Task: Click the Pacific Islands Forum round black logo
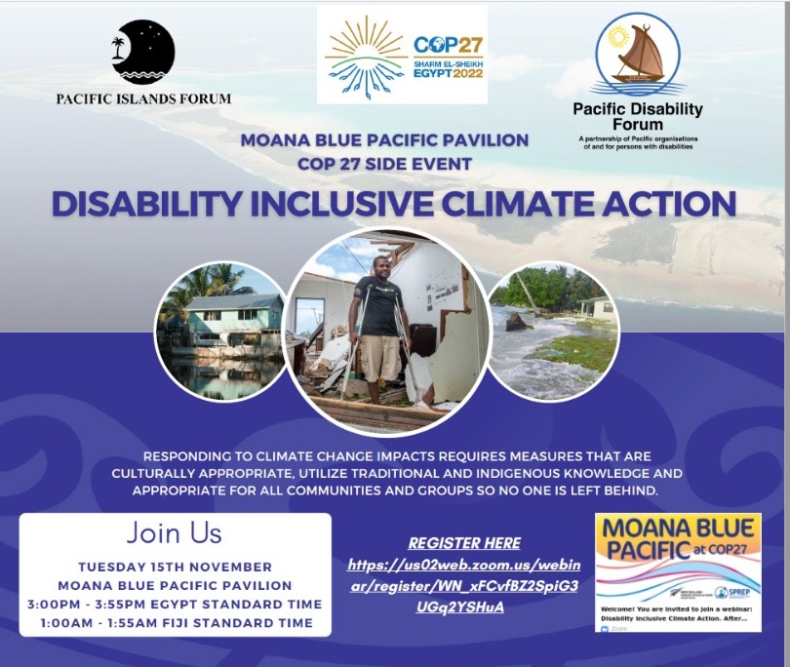[x=143, y=53]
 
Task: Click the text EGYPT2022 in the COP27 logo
[x=448, y=73]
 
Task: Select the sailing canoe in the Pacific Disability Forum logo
[x=639, y=56]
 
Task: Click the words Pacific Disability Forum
[x=637, y=117]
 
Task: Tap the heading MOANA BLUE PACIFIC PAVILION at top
[x=384, y=140]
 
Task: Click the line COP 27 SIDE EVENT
[x=384, y=164]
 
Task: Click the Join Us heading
[x=175, y=533]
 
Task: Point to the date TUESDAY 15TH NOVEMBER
[x=175, y=567]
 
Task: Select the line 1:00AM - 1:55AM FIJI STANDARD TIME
[x=175, y=622]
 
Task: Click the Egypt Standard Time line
[x=175, y=604]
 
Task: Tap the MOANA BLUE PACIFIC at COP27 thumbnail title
[x=677, y=542]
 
